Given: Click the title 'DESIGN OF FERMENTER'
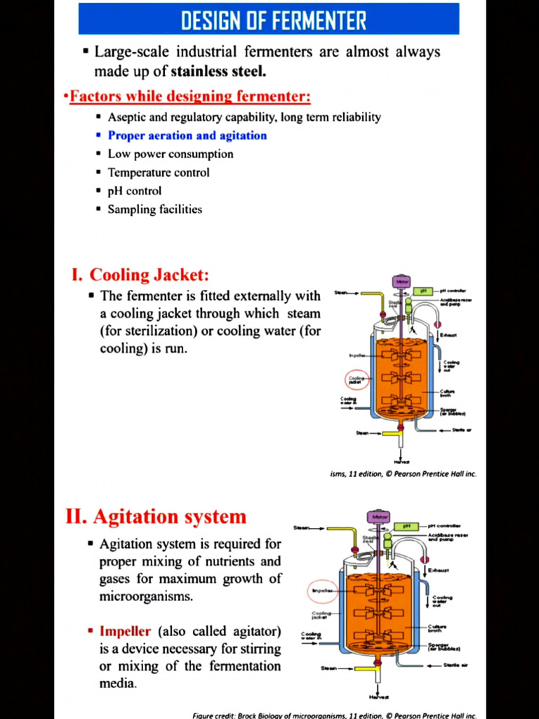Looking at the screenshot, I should (274, 20).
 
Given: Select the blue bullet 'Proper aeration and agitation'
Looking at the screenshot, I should (187, 136).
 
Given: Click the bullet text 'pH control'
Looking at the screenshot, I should (134, 190).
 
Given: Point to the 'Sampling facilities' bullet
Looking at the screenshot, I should (154, 209).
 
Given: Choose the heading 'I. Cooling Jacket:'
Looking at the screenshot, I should (140, 275).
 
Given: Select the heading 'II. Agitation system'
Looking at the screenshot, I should (156, 517).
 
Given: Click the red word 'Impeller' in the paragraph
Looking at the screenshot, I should (125, 631).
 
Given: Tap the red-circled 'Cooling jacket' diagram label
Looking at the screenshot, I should (357, 380).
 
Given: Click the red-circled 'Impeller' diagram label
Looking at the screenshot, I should (321, 591).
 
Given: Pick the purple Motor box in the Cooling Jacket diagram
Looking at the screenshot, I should (401, 282).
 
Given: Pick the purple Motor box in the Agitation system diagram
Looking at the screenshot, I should (377, 517).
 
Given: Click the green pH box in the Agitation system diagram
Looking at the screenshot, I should (406, 527).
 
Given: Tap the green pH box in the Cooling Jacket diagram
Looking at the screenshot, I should (424, 291).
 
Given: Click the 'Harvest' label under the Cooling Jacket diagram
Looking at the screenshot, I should (401, 461).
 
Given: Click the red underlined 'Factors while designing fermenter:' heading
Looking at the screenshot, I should (190, 96).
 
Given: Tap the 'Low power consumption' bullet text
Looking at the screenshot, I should (170, 154).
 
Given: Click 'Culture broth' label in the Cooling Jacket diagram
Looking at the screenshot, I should (447, 393).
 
